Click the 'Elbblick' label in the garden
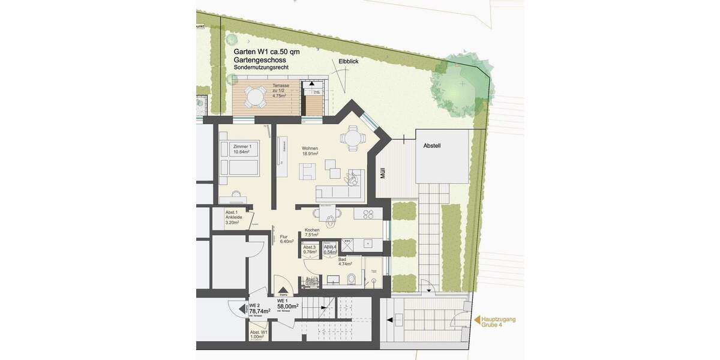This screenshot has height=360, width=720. (349, 61)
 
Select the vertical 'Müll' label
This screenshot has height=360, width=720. (382, 174)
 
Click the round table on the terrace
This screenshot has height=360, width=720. (256, 96)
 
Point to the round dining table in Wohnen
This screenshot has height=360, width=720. (352, 138)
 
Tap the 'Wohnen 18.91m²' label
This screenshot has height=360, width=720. (310, 151)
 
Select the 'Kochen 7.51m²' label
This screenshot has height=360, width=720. (312, 233)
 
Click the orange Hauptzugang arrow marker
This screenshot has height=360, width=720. (478, 322)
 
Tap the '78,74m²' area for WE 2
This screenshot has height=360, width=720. (260, 311)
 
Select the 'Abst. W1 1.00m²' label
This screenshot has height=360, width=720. (259, 334)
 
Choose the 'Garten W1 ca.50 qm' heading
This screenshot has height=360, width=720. (267, 52)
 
